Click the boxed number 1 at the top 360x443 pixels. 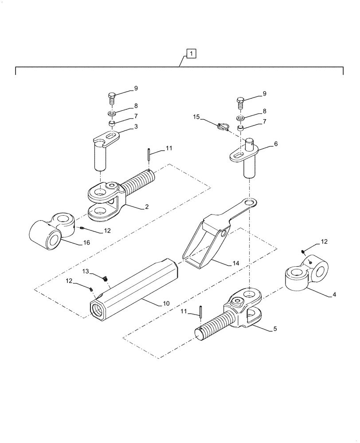pyautogui.click(x=191, y=54)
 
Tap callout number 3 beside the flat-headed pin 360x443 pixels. pyautogui.click(x=136, y=127)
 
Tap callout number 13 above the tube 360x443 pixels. pyautogui.click(x=86, y=271)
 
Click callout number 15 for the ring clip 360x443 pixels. pyautogui.click(x=197, y=117)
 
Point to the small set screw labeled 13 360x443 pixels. pyautogui.click(x=106, y=279)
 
